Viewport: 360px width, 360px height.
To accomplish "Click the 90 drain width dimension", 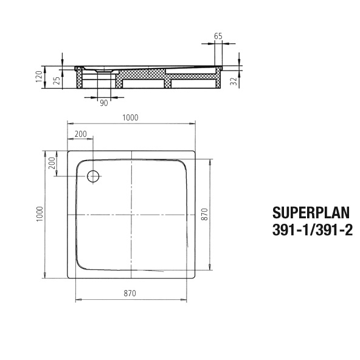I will [x=104, y=103].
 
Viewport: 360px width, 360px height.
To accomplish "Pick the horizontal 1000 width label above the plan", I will [x=130, y=118].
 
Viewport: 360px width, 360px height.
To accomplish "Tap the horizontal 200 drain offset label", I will [x=80, y=134].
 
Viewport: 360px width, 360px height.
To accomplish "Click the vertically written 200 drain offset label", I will [x=52, y=163].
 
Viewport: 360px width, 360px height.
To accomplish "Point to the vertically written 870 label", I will [x=205, y=214].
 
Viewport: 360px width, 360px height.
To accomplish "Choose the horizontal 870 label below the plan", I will [x=129, y=293].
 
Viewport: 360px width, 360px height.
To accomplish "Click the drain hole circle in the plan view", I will [x=93, y=176].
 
